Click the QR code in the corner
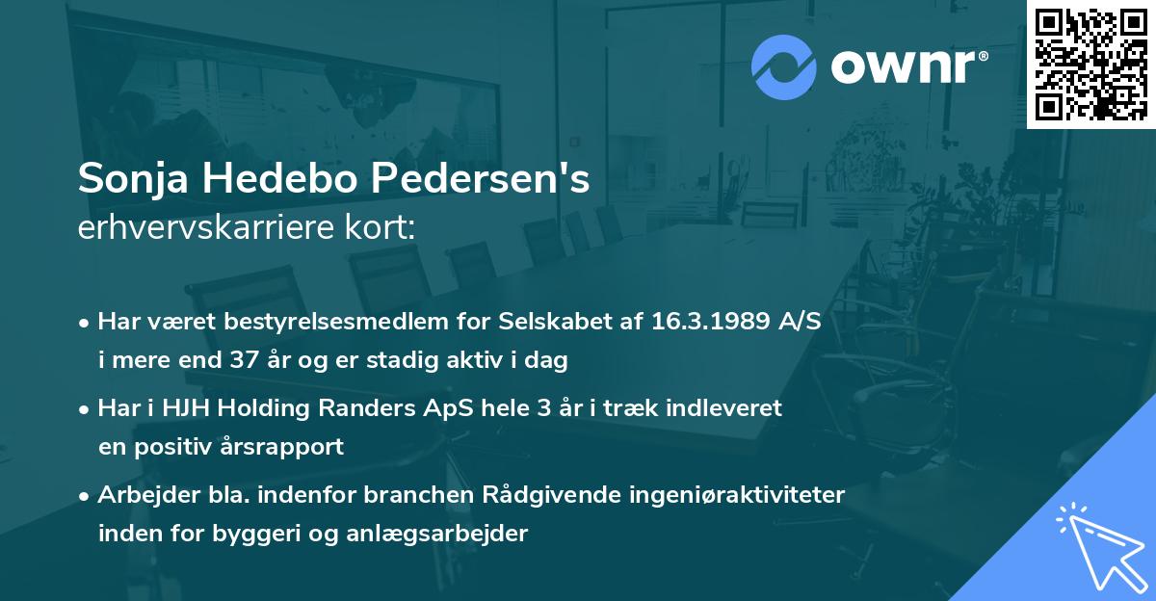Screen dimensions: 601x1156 coord(1090,64)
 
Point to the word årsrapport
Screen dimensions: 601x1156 coord(284,447)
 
